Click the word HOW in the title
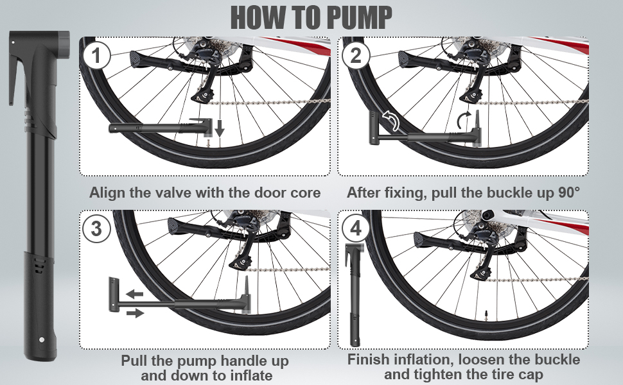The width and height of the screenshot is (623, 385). [256, 17]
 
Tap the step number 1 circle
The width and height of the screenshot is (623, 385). [97, 56]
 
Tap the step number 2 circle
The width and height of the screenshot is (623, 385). [356, 56]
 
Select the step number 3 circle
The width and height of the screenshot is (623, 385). [96, 228]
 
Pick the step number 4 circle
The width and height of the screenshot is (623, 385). [355, 228]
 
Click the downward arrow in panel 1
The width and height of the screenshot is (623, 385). [220, 129]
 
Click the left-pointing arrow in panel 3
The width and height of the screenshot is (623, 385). [134, 294]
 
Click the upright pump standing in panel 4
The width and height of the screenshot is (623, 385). [353, 295]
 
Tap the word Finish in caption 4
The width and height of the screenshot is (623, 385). [371, 359]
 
